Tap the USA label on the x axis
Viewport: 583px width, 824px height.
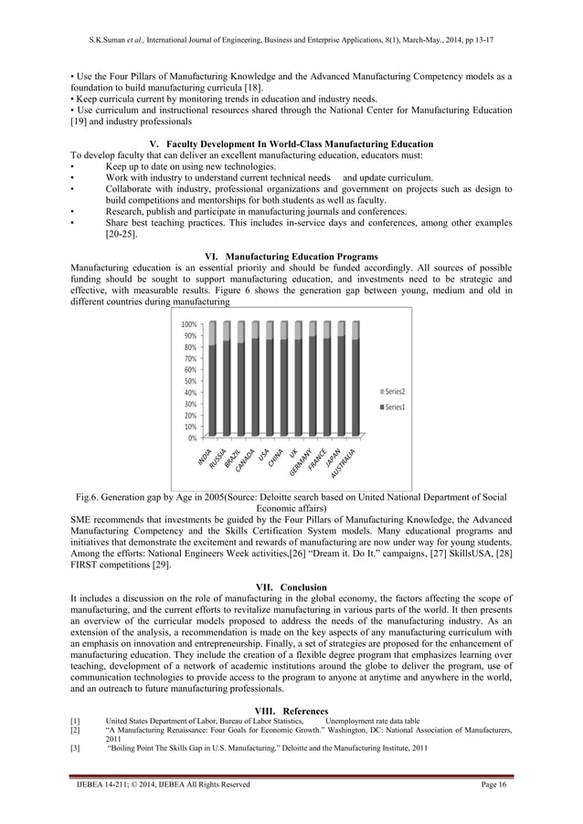click(264, 455)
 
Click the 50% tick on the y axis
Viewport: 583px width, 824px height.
click(190, 381)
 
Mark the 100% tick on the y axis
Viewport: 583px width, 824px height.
click(189, 325)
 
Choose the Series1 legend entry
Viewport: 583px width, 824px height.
click(395, 406)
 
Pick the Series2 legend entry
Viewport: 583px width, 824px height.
click(395, 391)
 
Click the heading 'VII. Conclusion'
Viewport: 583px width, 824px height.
click(291, 586)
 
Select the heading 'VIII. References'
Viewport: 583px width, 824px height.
click(291, 712)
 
